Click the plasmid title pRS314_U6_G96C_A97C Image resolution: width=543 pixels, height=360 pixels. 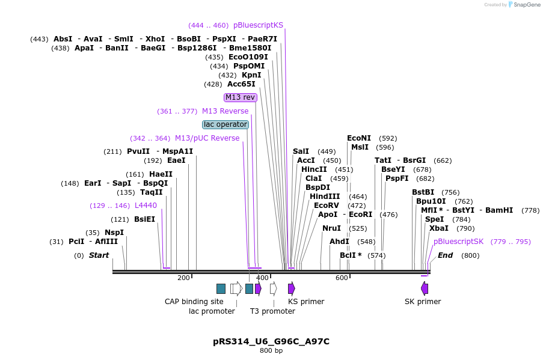tap(271, 341)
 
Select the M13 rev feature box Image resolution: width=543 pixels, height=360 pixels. tap(241, 97)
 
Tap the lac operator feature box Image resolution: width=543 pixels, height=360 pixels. tap(225, 124)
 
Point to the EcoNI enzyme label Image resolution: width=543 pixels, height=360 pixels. tap(359, 138)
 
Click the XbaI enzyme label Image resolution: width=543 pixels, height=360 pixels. tap(439, 228)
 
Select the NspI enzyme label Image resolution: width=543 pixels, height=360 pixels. tap(114, 233)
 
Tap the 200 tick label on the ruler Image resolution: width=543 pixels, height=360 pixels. tap(183, 278)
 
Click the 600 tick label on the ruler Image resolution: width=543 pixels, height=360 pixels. tap(342, 278)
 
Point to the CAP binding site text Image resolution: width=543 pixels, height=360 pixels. tap(194, 302)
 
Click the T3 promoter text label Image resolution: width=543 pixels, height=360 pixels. tap(272, 311)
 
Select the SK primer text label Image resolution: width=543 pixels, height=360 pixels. tap(423, 302)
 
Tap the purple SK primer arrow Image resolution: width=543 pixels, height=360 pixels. tap(425, 288)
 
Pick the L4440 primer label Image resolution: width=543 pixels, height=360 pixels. tap(146, 206)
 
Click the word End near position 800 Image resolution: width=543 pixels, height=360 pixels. tap(445, 255)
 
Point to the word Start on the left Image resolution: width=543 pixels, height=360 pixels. tap(99, 255)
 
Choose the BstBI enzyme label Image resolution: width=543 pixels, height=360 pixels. tap(423, 192)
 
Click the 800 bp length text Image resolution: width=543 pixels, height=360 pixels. tap(271, 351)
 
